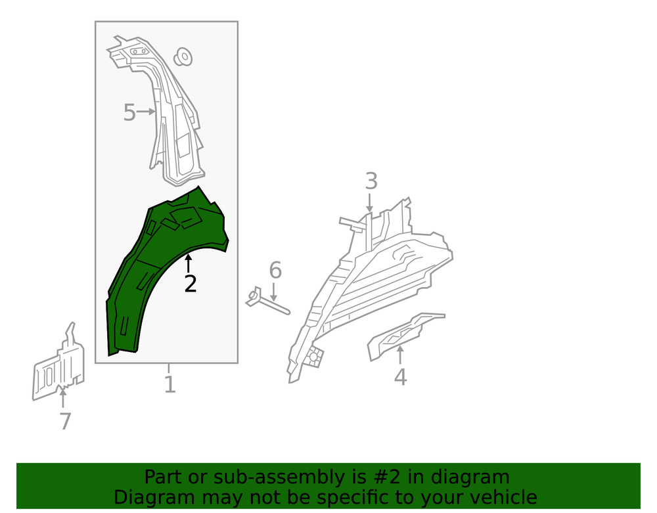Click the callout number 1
[x=170, y=384]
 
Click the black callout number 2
[x=190, y=284]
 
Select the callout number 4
[x=400, y=377]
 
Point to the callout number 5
[x=129, y=113]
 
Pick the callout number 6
[x=275, y=270]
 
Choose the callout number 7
[x=64, y=421]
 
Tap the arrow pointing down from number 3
[x=370, y=202]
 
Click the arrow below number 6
[x=274, y=293]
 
